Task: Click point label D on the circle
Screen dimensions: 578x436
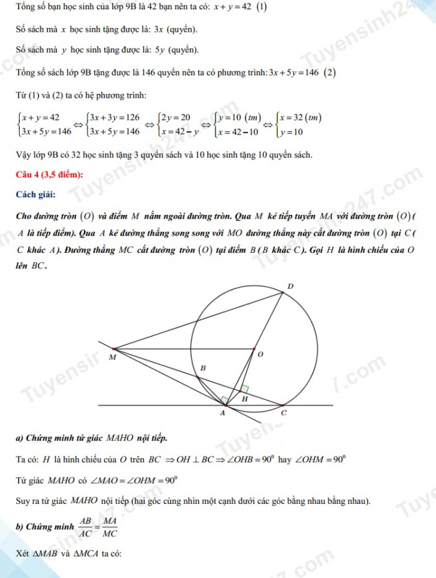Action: point(289,286)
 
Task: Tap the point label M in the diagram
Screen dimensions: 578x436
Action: point(112,358)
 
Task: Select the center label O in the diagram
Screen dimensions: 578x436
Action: point(260,354)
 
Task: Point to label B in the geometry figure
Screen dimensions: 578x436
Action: point(202,369)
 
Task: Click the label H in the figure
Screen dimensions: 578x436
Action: point(244,399)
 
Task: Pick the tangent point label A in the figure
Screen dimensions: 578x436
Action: point(223,413)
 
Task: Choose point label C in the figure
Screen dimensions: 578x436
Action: point(284,413)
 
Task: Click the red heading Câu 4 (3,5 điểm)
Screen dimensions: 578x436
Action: point(50,175)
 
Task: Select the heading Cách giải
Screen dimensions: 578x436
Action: point(36,195)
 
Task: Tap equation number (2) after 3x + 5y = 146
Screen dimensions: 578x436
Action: point(329,72)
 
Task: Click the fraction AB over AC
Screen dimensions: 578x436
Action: point(86,527)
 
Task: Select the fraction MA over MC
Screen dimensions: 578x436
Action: point(110,527)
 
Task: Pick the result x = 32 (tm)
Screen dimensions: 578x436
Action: point(300,117)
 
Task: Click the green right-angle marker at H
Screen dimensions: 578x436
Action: point(244,388)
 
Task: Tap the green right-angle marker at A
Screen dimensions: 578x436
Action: point(222,399)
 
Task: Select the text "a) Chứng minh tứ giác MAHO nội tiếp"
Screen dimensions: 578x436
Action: point(92,438)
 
